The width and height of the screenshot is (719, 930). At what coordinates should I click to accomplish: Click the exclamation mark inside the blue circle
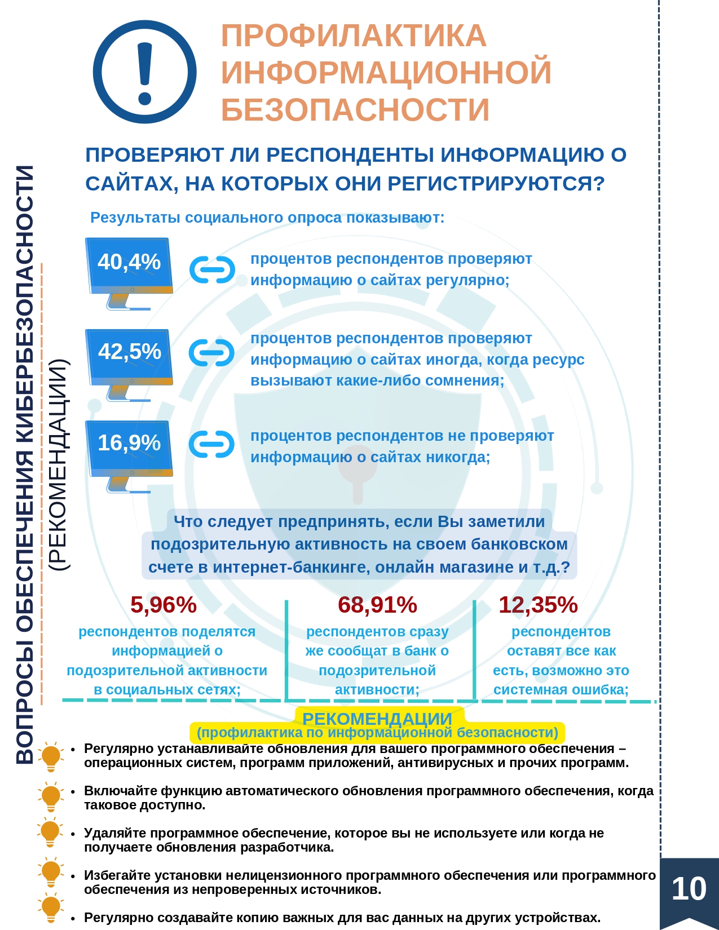click(x=145, y=74)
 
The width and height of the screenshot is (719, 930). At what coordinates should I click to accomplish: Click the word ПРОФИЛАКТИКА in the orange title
click(x=354, y=36)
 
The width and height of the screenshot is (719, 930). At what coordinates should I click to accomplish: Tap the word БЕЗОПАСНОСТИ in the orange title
click(x=355, y=109)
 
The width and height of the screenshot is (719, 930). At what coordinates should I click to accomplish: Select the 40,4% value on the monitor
click(x=129, y=262)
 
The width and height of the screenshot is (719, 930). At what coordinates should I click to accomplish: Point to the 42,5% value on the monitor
click(x=129, y=351)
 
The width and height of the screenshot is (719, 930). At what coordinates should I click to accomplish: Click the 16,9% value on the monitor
click(x=129, y=442)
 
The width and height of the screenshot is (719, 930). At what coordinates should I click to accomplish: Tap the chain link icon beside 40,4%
click(x=212, y=269)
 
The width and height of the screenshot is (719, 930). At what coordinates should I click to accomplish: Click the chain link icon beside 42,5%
click(x=211, y=353)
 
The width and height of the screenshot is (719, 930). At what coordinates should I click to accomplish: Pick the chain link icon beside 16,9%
click(x=211, y=444)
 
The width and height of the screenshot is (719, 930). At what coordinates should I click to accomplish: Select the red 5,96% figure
click(x=163, y=605)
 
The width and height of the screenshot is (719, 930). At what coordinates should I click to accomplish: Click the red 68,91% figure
click(x=377, y=605)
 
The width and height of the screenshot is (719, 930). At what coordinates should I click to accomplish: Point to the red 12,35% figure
click(x=538, y=605)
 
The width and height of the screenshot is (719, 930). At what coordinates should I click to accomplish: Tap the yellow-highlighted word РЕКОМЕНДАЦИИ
click(x=377, y=719)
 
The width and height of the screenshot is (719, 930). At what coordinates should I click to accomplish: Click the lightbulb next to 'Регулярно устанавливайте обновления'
click(x=51, y=757)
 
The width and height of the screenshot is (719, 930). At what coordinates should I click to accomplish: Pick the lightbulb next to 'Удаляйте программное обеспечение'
click(x=51, y=832)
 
